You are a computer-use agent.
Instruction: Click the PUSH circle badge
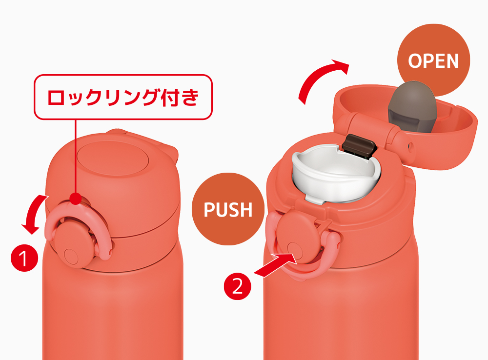tap(228, 209)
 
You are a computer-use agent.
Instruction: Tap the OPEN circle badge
tap(433, 60)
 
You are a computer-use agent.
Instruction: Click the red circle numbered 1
tap(24, 258)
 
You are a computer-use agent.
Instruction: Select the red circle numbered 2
tap(237, 286)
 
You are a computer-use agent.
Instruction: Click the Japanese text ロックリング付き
tap(123, 97)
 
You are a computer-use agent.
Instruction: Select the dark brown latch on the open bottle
tap(360, 145)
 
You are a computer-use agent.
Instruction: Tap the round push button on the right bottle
tap(295, 250)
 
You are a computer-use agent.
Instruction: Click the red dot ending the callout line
tap(76, 199)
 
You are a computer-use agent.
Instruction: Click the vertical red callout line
tap(76, 156)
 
